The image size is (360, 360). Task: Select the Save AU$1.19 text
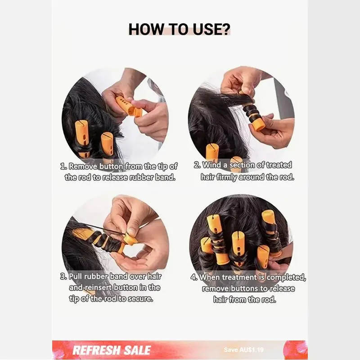[x=243, y=350]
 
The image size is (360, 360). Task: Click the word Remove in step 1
[x=83, y=166]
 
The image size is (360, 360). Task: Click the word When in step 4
[x=210, y=277]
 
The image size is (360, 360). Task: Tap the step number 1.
[x=63, y=166]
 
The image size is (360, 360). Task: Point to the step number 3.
[x=63, y=276]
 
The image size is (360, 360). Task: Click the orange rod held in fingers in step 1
[x=129, y=107]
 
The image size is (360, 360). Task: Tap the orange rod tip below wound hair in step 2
[x=259, y=124]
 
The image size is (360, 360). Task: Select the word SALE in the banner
[x=137, y=350]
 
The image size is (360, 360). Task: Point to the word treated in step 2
[x=279, y=165]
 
